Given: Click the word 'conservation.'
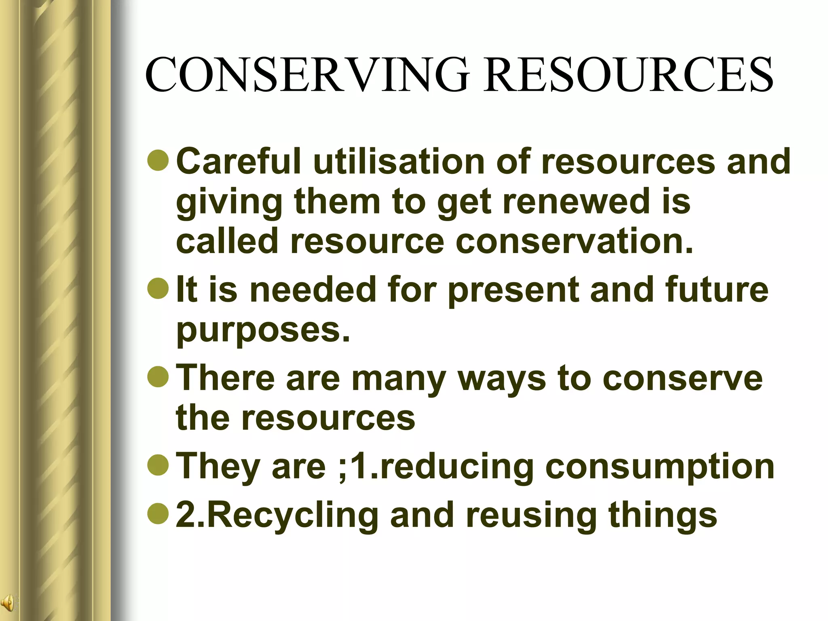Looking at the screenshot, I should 575,241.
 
